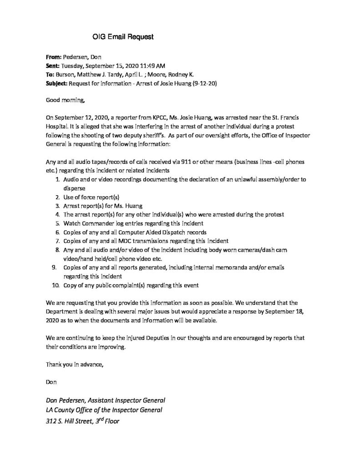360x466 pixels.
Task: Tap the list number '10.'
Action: tap(56, 285)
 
